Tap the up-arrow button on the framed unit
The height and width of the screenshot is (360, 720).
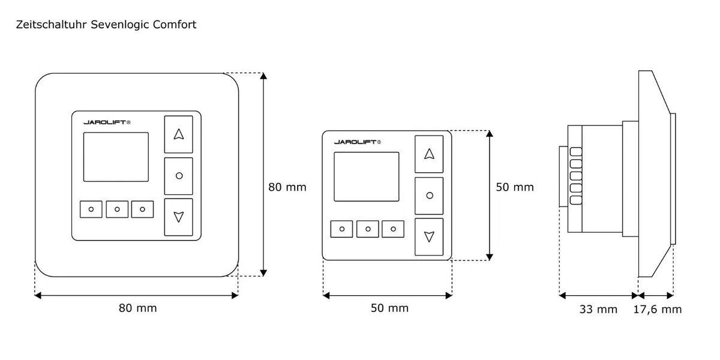[x=179, y=134]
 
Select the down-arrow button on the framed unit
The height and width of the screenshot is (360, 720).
[x=179, y=217]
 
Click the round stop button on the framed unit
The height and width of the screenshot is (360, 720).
[x=179, y=176]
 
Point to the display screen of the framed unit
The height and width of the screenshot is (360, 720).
[x=116, y=157]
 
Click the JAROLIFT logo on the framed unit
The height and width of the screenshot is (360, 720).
[x=107, y=122]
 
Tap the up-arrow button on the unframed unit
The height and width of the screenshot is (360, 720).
[x=429, y=154]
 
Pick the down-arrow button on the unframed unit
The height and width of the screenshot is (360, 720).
[x=429, y=237]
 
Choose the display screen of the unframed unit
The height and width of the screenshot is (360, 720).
[x=367, y=177]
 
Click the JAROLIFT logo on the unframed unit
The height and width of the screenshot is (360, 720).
[x=358, y=142]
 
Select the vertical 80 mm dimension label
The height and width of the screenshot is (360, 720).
[x=287, y=187]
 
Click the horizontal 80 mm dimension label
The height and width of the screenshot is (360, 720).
[x=137, y=308]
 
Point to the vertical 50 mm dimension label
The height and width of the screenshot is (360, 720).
[x=515, y=187]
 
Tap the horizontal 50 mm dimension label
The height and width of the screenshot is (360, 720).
[x=389, y=308]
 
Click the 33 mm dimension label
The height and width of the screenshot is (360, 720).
[x=598, y=309]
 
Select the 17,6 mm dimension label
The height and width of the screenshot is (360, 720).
[x=658, y=309]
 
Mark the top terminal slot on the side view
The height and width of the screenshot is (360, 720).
[x=576, y=152]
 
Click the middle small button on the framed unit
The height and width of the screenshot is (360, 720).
[x=117, y=209]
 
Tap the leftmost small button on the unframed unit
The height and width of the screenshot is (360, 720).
[x=341, y=229]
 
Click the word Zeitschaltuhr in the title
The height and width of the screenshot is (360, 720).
[x=51, y=25]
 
